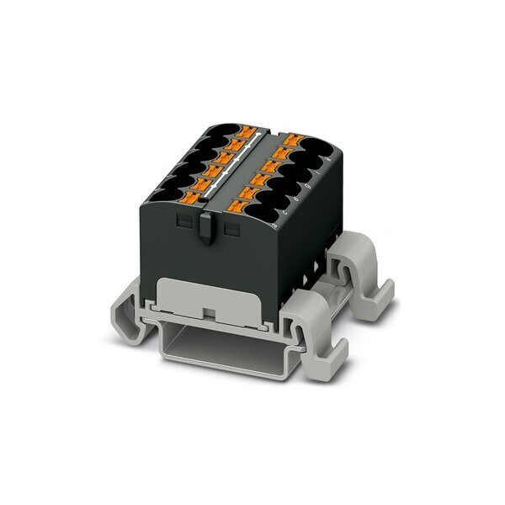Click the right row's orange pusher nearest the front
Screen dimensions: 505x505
250,204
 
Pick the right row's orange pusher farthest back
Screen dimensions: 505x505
292,140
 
